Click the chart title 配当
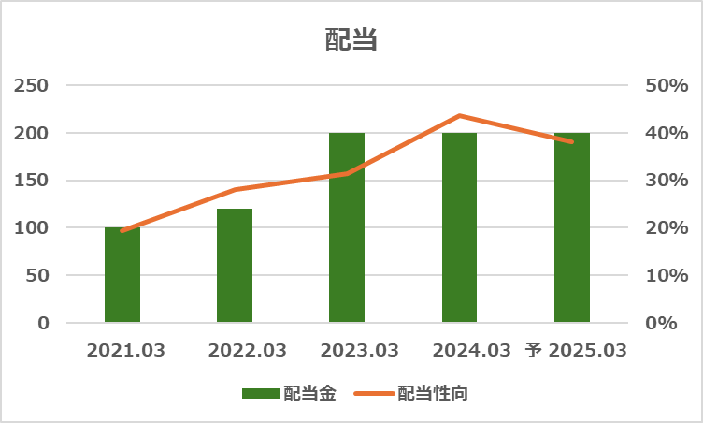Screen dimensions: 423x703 tap(351, 40)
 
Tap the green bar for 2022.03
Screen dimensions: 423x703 tap(235, 266)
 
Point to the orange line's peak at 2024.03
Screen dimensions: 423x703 tap(459, 116)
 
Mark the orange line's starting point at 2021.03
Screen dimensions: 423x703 tap(122, 230)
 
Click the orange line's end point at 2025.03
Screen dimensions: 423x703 tap(571, 141)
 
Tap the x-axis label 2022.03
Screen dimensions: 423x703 tap(247, 351)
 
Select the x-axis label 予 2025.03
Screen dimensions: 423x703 tap(575, 351)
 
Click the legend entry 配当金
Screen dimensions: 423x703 tap(289, 393)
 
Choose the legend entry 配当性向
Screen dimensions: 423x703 tap(411, 393)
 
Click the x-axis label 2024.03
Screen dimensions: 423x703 tap(471, 351)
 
